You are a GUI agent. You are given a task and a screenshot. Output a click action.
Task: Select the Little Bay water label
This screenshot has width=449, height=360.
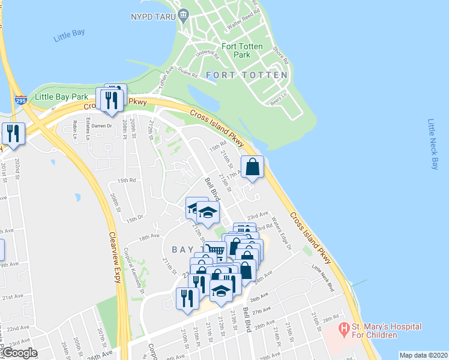click(x=70, y=35)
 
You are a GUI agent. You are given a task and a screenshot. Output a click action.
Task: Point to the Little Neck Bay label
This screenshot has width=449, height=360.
click(x=434, y=144)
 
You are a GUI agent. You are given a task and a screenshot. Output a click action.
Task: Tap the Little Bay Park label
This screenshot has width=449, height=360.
click(x=61, y=97)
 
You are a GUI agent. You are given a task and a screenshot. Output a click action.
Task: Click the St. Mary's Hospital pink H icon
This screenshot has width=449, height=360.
click(x=344, y=329)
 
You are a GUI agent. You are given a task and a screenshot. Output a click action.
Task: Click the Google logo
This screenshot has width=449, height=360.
click(x=19, y=353)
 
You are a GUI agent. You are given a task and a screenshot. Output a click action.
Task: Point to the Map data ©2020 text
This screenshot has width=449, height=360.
click(x=423, y=355)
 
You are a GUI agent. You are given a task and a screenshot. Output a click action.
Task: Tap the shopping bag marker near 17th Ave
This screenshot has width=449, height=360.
click(x=253, y=167)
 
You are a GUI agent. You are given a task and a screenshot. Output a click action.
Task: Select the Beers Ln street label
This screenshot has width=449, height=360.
click(x=280, y=97)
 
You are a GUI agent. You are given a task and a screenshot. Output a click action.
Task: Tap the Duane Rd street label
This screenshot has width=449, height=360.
click(x=187, y=74)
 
